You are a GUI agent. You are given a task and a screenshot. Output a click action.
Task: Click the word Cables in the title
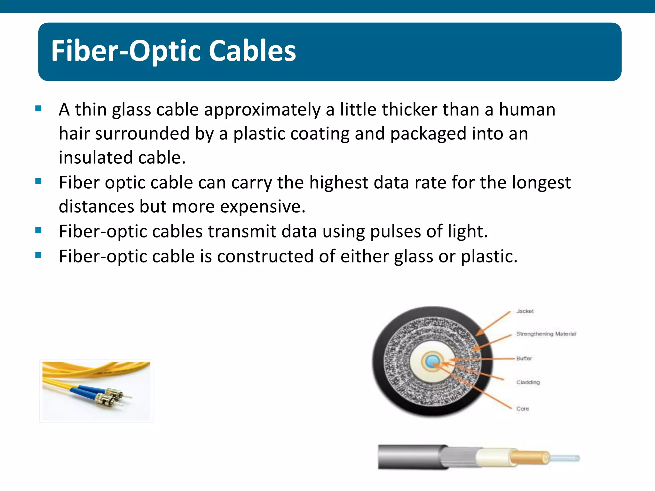tap(252, 51)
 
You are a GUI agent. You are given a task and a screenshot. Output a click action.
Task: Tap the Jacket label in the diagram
tap(525, 311)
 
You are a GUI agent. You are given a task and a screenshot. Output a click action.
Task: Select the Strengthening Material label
tap(546, 334)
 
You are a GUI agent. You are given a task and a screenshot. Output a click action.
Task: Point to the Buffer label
tap(524, 358)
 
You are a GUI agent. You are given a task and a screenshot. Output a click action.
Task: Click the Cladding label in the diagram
tap(528, 382)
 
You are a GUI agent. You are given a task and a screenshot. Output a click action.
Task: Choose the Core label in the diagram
tap(523, 409)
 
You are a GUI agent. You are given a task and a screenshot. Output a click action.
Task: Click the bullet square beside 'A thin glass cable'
tap(38, 108)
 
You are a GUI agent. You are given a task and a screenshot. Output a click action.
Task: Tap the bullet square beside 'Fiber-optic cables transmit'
tap(38, 230)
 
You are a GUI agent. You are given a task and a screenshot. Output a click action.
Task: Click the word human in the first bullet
tap(527, 110)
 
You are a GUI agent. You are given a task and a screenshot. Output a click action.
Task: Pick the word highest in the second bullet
tap(339, 183)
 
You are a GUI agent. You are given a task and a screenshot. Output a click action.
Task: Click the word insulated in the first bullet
tap(96, 158)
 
